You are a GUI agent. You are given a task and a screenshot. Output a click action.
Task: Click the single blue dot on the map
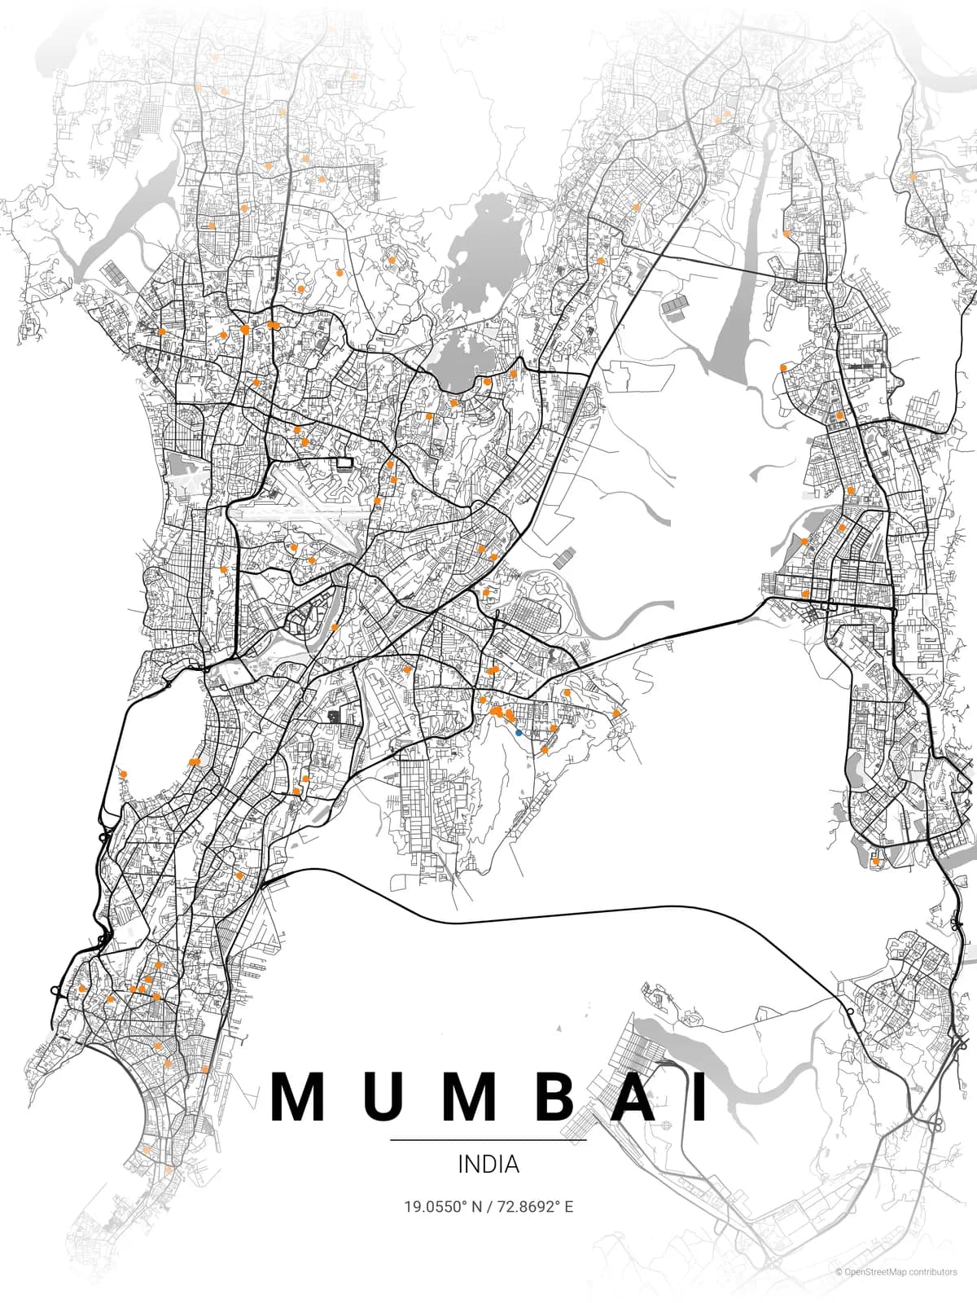coord(519,733)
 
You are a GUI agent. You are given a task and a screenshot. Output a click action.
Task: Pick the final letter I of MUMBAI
coord(701,1097)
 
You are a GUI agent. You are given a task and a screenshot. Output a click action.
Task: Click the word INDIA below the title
coord(488,1164)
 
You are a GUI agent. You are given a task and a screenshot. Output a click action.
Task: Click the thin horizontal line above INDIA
coord(488,1140)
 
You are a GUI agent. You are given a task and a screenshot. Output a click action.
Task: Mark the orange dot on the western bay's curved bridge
coord(123,774)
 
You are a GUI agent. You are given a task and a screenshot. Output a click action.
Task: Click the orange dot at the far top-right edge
coord(913,177)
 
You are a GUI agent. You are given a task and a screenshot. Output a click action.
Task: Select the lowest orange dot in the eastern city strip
coord(875,861)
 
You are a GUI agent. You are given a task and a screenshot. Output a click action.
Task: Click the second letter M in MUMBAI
coord(473,1097)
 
